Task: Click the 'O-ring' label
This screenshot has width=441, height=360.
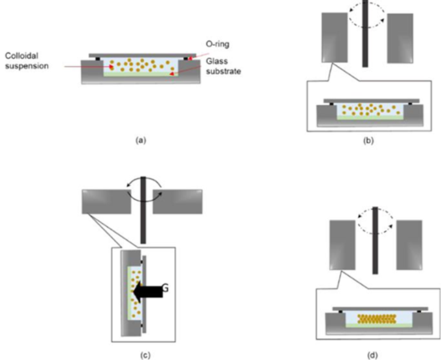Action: click(217, 44)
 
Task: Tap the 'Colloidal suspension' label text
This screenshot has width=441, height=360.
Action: click(27, 61)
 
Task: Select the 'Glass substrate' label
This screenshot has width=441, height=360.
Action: click(224, 66)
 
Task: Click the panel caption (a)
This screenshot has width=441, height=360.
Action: click(141, 140)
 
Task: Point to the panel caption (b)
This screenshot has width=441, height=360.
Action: click(369, 141)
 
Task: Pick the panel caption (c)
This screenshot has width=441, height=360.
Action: click(145, 355)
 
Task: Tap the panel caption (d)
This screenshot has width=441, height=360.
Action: click(373, 355)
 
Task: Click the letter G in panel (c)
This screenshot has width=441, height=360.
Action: click(165, 288)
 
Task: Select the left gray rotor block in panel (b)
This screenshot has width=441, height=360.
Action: click(334, 38)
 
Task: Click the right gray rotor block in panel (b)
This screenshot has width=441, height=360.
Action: click(400, 38)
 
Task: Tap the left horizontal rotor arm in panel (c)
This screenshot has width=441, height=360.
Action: click(106, 202)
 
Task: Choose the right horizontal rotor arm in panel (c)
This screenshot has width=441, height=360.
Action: click(178, 202)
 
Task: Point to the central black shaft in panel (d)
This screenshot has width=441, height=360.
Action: click(375, 240)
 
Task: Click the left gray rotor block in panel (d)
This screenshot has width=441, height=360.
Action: click(343, 245)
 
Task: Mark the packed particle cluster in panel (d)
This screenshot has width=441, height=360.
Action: click(377, 319)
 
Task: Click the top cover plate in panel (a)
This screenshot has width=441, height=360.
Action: click(142, 55)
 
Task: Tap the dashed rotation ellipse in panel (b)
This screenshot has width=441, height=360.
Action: click(366, 15)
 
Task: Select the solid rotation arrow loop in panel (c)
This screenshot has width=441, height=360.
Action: click(144, 193)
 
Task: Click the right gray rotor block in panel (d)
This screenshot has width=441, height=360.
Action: click(410, 245)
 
